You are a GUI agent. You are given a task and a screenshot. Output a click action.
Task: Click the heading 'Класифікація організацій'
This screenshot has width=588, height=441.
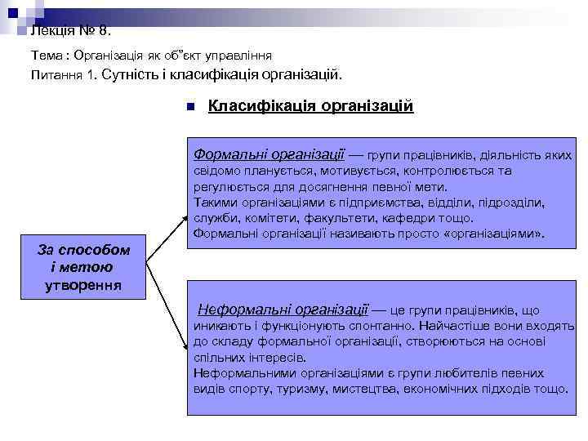tap(311, 106)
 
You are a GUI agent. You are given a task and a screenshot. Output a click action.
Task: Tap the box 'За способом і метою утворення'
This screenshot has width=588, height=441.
tap(83, 266)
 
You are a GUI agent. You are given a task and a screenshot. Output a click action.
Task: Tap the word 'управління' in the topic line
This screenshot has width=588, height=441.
tap(239, 55)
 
